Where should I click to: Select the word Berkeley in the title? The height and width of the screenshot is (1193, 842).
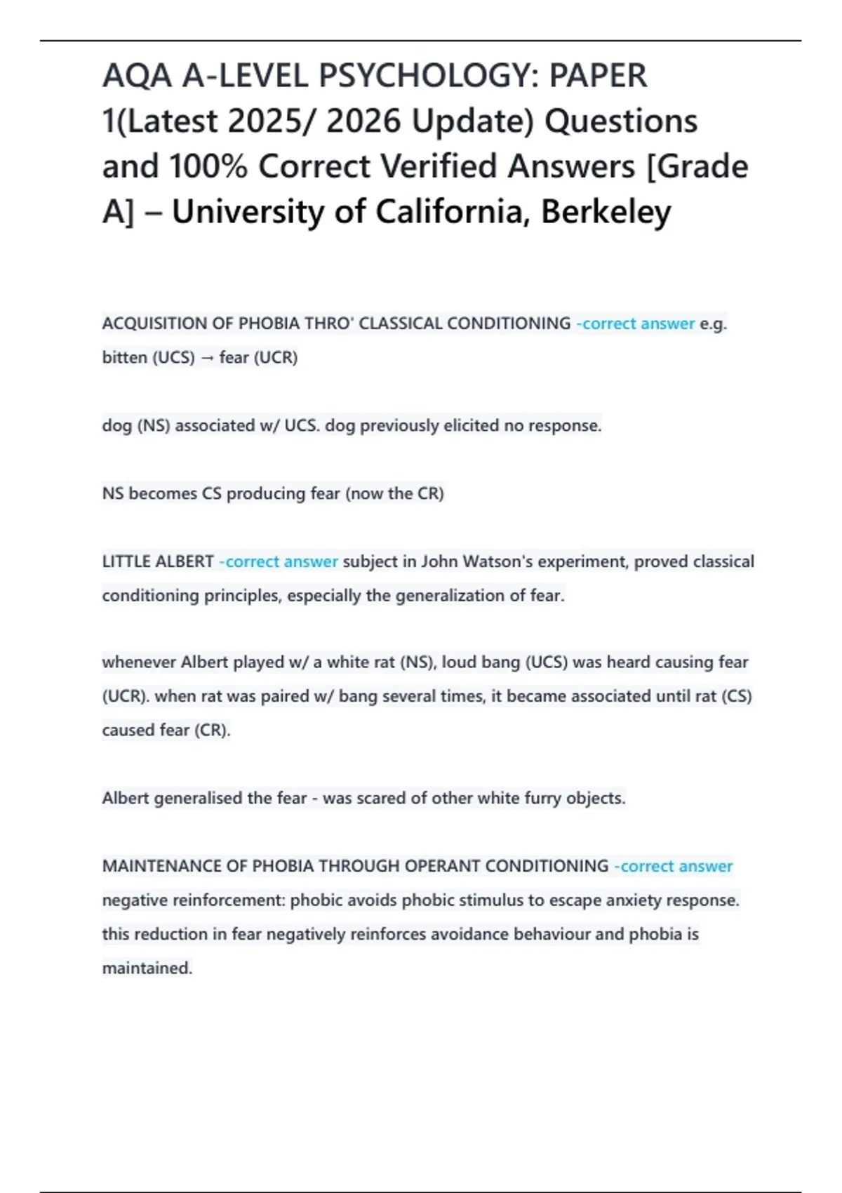click(x=606, y=212)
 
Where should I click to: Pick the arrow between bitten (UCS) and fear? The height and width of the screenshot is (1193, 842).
click(x=207, y=358)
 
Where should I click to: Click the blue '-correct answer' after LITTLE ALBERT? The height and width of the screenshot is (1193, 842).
click(x=279, y=562)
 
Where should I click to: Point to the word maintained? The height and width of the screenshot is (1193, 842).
click(x=147, y=968)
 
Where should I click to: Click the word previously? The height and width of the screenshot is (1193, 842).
click(x=399, y=426)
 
